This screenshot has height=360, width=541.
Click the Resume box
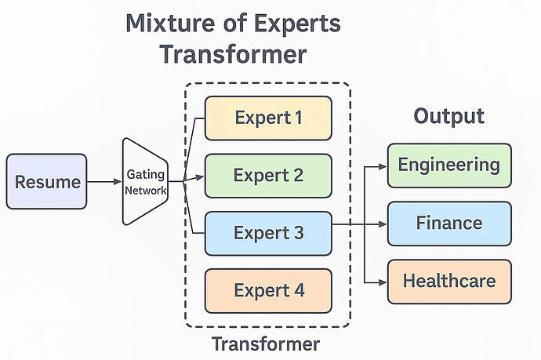tap(47, 182)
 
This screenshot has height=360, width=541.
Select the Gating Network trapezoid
tap(146, 182)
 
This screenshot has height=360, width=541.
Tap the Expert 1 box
tap(268, 118)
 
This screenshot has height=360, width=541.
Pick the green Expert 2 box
tap(268, 175)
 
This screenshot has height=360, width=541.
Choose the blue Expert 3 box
tap(268, 233)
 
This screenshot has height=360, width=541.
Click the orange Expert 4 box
tap(268, 290)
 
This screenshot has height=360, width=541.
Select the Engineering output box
tap(449, 165)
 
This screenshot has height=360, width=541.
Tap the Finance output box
tap(449, 224)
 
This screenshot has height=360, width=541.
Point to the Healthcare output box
tap(449, 281)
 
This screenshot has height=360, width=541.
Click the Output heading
tap(448, 116)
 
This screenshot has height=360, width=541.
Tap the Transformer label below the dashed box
tap(267, 344)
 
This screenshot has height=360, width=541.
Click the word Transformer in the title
tap(233, 56)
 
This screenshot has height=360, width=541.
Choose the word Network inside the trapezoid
tap(146, 189)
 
